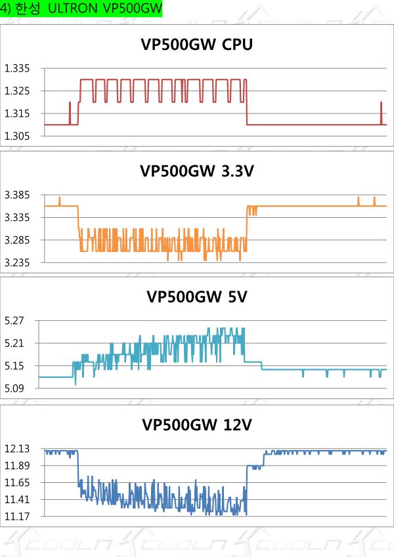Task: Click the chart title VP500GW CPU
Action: [x=196, y=45]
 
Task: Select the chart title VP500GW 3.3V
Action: [x=196, y=171]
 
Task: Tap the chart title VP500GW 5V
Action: [x=196, y=297]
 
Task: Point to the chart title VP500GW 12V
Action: [x=196, y=425]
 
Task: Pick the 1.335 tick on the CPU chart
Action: [x=18, y=69]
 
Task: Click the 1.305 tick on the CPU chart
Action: [x=18, y=136]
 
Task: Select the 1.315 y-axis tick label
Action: [x=18, y=113]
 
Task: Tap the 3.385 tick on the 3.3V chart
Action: [x=18, y=195]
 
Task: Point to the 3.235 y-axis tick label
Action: [x=18, y=262]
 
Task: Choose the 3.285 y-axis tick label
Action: [x=18, y=240]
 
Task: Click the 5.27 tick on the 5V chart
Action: [x=14, y=321]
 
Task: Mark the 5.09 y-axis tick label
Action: [x=14, y=388]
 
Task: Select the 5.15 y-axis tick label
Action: [x=14, y=365]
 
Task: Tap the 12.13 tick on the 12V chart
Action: [x=18, y=449]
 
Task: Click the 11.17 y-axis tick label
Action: [x=18, y=516]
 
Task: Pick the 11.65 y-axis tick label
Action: [x=18, y=482]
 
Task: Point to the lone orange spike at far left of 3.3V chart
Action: [x=59, y=201]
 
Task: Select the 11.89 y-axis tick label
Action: [x=18, y=466]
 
